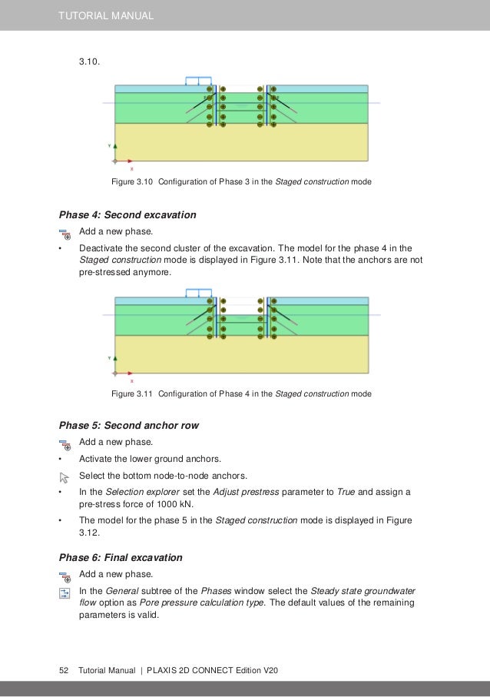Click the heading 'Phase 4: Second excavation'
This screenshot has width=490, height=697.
coord(127,214)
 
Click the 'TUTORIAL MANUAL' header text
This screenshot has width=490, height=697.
coord(107,15)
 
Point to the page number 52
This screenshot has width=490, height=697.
coord(65,671)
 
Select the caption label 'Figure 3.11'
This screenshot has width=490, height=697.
coord(133,393)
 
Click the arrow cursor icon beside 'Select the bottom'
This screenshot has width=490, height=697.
coord(65,477)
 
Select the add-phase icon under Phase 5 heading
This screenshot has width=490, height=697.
coord(65,443)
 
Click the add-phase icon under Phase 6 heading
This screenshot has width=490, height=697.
coord(65,576)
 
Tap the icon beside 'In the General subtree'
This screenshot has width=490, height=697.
coord(65,592)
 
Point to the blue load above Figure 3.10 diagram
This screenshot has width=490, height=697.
coord(198,80)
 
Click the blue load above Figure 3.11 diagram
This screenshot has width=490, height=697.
coord(198,292)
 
